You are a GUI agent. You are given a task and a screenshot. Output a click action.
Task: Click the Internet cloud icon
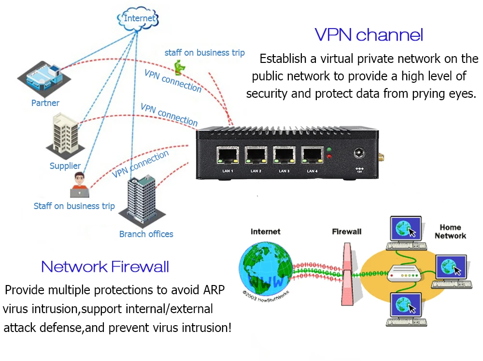pyautogui.click(x=139, y=19)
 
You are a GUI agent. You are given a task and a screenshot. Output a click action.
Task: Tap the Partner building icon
pyautogui.click(x=42, y=77)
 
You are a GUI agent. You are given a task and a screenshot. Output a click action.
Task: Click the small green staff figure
pyautogui.click(x=179, y=67)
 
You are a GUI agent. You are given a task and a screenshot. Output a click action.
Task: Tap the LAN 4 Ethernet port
pyautogui.click(x=312, y=155)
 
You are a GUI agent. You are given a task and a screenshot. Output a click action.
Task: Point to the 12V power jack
pyautogui.click(x=359, y=153)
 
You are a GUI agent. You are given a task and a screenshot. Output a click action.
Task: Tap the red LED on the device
pyautogui.click(x=329, y=156)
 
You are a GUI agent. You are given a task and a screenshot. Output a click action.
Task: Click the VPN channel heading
pyautogui.click(x=369, y=35)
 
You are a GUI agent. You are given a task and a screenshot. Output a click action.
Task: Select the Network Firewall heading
pyautogui.click(x=105, y=266)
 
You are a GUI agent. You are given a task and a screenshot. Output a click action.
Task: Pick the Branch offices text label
pyautogui.click(x=146, y=234)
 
